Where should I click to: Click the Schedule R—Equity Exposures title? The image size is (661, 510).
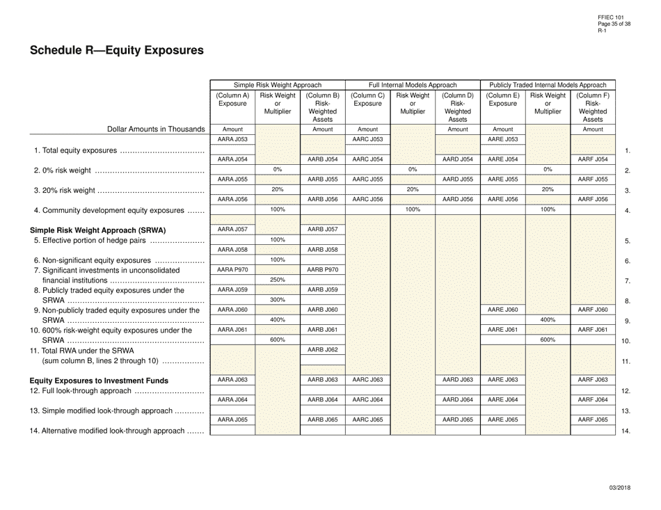click(117, 50)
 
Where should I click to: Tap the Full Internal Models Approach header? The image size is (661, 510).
click(413, 84)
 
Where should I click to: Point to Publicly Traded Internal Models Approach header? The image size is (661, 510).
click(548, 84)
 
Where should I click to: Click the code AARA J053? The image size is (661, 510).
click(232, 139)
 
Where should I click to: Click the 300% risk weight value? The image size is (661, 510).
click(277, 300)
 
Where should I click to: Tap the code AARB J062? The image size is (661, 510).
click(322, 349)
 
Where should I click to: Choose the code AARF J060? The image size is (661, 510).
click(593, 310)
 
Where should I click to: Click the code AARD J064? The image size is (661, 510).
click(458, 399)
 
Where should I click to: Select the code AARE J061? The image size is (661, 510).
click(502, 330)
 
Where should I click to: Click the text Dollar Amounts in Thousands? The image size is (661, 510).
click(156, 129)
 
